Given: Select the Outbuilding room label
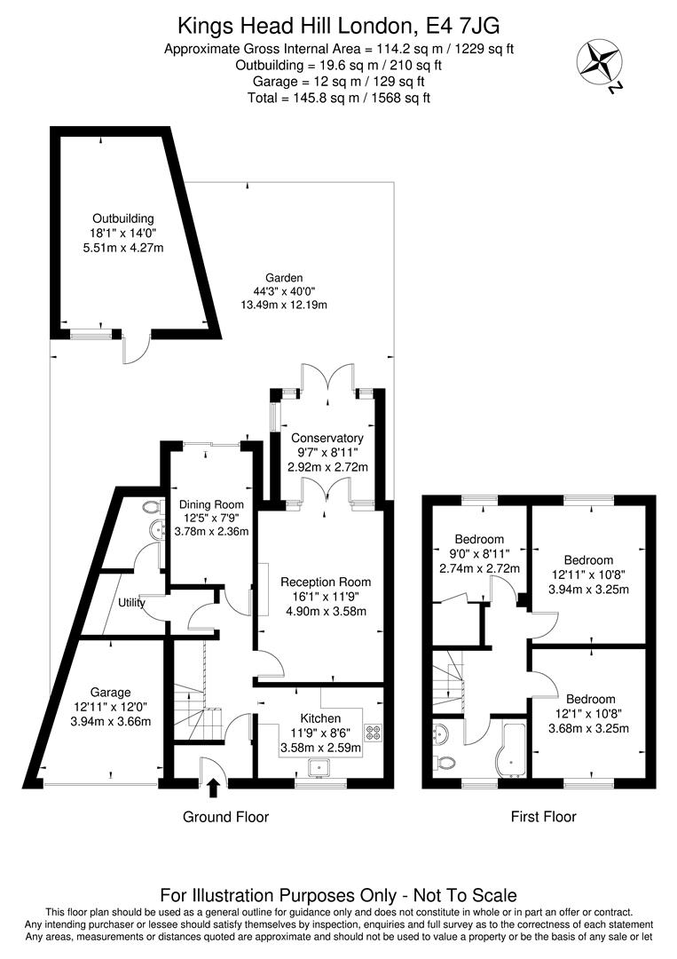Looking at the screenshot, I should coord(122,218).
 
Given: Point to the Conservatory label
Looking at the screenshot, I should coord(327,438).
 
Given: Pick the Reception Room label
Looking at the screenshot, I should coord(326,583).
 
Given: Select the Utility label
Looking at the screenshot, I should coord(131,603).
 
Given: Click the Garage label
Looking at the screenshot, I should coord(110,693).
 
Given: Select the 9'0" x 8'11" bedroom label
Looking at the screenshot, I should coord(479,539).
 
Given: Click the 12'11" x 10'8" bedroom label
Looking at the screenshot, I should coord(588,560).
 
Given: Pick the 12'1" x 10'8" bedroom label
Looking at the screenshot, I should coord(590,700).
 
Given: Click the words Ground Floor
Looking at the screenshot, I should coord(225,817).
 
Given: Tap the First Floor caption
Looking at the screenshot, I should coord(543,817).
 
